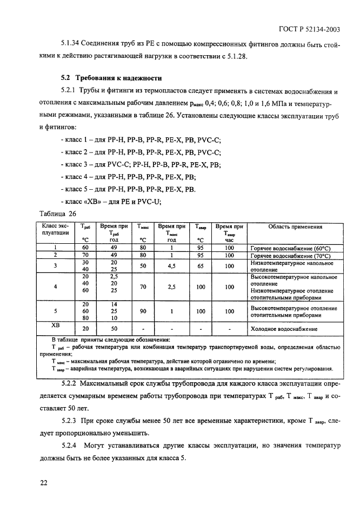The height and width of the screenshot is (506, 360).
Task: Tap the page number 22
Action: click(44, 482)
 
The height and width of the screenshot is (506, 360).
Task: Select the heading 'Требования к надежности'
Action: click(115, 78)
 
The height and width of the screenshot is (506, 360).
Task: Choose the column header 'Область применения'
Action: click(295, 227)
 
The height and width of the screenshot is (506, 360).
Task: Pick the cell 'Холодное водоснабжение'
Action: click(284, 329)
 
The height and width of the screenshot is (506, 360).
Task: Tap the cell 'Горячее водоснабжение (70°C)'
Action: click(290, 255)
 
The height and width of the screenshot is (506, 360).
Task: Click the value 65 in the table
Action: click(201, 266)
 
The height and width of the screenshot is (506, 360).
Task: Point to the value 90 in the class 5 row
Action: click(143, 311)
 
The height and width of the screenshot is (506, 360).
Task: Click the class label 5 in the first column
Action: click(56, 311)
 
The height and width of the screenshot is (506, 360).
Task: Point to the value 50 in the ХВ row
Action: click(114, 329)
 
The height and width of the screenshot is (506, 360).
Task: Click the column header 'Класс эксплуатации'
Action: click(56, 230)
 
